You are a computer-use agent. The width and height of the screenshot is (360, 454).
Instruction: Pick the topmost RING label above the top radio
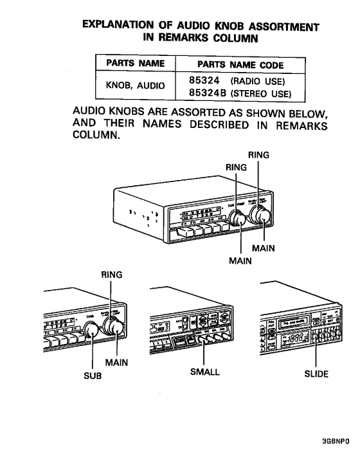pyautogui.click(x=258, y=154)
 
